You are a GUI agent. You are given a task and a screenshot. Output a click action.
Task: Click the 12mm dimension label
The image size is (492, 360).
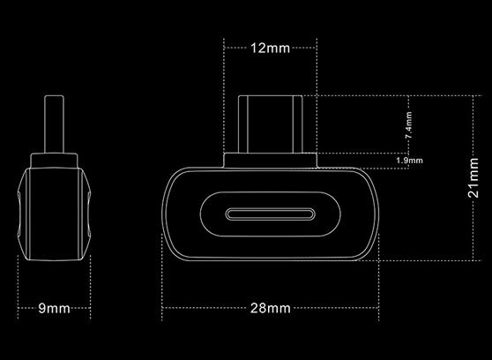coord(270,48)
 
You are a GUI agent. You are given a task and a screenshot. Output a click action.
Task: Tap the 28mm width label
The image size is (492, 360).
coord(270,308)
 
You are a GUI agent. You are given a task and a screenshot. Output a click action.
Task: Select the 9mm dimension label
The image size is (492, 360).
coord(55,308)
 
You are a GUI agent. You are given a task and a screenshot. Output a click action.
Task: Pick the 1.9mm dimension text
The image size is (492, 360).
coord(410,161)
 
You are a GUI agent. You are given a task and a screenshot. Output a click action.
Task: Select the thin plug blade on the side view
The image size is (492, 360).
coord(56,123)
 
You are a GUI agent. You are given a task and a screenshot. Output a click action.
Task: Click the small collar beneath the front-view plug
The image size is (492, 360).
coord(270,161)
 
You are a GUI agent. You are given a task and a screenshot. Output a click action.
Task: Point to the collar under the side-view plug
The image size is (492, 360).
coord(56,161)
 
